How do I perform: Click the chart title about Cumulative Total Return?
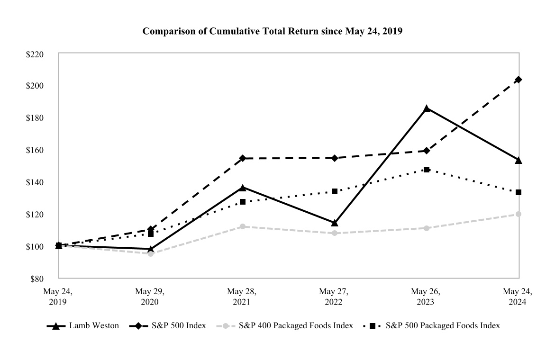tap(273, 32)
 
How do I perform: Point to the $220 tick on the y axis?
tap(35, 54)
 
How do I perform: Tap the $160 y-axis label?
tap(35, 150)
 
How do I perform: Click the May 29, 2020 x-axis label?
tap(150, 296)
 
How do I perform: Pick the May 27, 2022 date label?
tap(334, 296)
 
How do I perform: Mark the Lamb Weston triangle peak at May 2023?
tap(427, 108)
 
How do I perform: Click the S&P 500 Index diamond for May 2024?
tap(519, 80)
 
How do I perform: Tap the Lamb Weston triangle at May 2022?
tap(335, 223)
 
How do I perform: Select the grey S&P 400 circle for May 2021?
tap(243, 226)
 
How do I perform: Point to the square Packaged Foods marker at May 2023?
tap(427, 170)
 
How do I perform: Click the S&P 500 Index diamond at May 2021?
tap(243, 158)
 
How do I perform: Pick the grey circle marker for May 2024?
tap(519, 214)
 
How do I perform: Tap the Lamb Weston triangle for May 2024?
tap(519, 160)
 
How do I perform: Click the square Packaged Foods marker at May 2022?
tap(335, 191)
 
